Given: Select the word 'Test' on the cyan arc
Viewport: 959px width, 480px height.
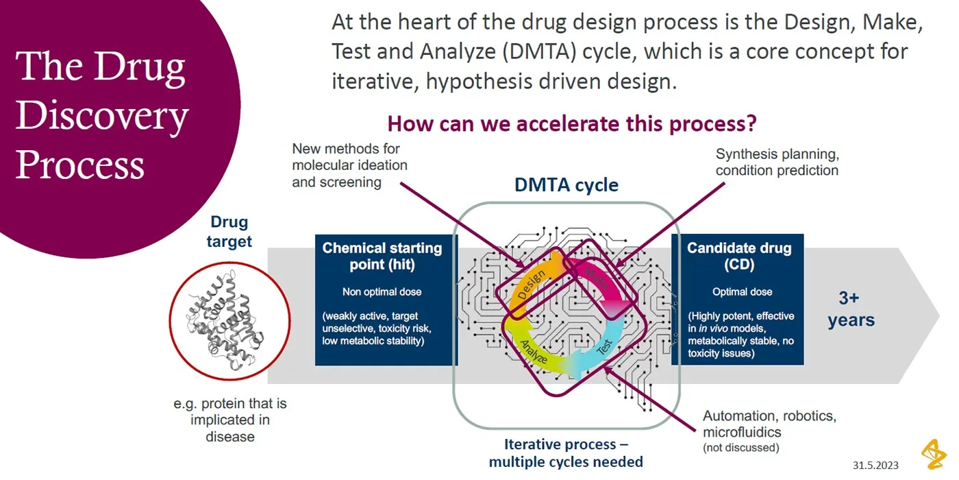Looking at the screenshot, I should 603,348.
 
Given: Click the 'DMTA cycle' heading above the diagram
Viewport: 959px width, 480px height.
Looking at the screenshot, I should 566,185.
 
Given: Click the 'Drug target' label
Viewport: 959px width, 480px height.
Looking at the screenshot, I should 229,232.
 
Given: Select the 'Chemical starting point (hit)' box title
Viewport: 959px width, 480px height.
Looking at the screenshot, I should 382,256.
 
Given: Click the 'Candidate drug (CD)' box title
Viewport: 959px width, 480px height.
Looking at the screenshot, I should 739,256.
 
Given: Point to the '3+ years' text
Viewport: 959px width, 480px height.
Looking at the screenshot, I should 850,309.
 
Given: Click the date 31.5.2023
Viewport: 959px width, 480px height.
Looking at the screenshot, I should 875,466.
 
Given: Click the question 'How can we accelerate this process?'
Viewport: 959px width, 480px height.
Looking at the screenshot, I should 572,124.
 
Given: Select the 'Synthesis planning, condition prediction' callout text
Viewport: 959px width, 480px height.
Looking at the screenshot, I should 776,162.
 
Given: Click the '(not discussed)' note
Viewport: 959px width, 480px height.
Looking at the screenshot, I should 740,448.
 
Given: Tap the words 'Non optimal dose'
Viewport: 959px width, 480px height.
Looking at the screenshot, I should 382,291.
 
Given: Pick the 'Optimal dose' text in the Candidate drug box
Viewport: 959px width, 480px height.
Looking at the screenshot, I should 742,291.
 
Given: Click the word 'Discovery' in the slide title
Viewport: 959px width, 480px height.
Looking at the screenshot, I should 101,115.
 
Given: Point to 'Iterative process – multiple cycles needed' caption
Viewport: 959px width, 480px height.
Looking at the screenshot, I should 566,453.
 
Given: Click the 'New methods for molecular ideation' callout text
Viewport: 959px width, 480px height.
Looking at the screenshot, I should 349,165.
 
